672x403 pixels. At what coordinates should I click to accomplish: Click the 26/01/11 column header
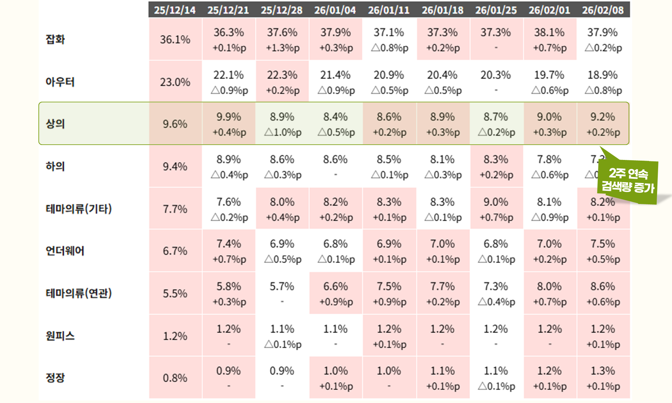(389, 10)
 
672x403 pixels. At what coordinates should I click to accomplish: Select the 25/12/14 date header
(175, 10)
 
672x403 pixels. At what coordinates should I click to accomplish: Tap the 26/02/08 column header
(603, 10)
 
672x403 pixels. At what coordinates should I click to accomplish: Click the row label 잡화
(55, 39)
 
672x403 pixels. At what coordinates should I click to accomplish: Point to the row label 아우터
(60, 82)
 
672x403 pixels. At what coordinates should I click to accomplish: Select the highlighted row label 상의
(55, 124)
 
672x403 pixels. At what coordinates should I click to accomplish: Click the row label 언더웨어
(65, 251)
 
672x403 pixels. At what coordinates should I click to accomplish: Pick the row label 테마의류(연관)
(79, 293)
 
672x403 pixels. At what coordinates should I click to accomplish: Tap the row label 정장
(55, 377)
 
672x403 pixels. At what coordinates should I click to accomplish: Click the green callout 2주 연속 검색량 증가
(628, 181)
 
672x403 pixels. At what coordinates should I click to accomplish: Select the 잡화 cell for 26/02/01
(549, 39)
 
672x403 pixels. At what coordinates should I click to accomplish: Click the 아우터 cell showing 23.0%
(175, 82)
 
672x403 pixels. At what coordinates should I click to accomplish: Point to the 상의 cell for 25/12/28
(282, 124)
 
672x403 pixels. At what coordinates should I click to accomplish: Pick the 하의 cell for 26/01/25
(496, 166)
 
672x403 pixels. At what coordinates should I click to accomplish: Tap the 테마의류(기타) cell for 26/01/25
(496, 209)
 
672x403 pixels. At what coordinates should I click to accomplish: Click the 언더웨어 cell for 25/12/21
(229, 251)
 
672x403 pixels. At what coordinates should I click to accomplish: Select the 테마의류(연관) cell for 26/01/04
(336, 293)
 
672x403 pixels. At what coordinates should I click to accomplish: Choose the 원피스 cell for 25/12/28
(282, 335)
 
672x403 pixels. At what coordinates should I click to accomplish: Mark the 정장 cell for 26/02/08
(603, 378)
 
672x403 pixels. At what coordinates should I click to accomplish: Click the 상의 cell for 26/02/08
(603, 124)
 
